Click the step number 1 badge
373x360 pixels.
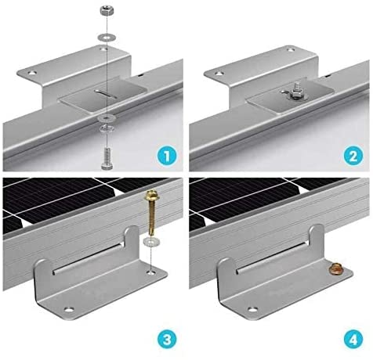(x=167, y=156)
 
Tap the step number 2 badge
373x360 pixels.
(x=353, y=156)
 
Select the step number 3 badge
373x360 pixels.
(x=167, y=340)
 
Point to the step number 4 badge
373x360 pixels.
(x=353, y=340)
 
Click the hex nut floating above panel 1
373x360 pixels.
(x=107, y=12)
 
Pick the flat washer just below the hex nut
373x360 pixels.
(x=107, y=38)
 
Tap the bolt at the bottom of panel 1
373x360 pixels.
(x=107, y=158)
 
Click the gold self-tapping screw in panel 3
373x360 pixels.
(x=150, y=213)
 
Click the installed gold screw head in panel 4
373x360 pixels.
(x=336, y=268)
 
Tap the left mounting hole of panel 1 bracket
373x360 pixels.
(x=33, y=74)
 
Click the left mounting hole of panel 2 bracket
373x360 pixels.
(x=219, y=74)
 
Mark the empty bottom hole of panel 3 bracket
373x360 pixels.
(x=69, y=310)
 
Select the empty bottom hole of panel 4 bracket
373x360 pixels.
(x=252, y=309)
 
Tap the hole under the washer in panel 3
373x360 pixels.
(x=151, y=273)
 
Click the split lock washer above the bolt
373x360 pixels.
(x=107, y=128)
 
